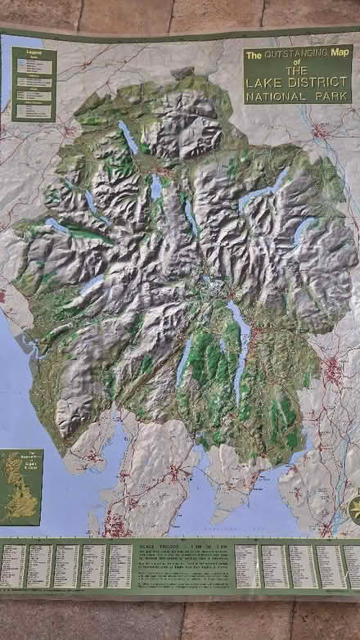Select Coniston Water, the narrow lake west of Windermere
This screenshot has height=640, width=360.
pos(184,362)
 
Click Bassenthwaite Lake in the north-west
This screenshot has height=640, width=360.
pos(128,137)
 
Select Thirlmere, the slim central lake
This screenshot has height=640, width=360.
pos(190,215)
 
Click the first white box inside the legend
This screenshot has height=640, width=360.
pos(20,61)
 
